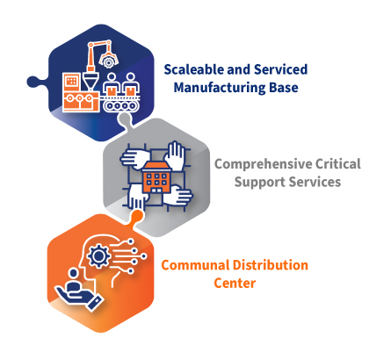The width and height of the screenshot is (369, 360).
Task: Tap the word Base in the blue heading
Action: coord(284,88)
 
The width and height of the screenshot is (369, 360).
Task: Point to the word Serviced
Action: coord(280,69)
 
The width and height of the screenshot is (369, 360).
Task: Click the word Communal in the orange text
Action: coord(195,265)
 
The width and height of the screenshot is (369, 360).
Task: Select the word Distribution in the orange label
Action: coord(271,265)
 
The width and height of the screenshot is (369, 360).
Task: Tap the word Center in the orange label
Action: coord(235,283)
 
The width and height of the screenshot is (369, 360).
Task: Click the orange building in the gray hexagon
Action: coord(156,178)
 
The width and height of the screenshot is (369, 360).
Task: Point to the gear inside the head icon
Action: coord(98,256)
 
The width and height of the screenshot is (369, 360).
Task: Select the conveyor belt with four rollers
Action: coord(120,104)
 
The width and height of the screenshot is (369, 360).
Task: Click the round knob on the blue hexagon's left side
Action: coord(33,82)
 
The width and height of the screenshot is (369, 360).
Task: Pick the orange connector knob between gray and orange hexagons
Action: coord(137,216)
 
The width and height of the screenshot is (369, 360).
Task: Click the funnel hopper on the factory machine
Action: coord(90,81)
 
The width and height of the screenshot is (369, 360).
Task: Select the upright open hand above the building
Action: coord(175,155)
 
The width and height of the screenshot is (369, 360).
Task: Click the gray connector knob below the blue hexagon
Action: coord(125,119)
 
